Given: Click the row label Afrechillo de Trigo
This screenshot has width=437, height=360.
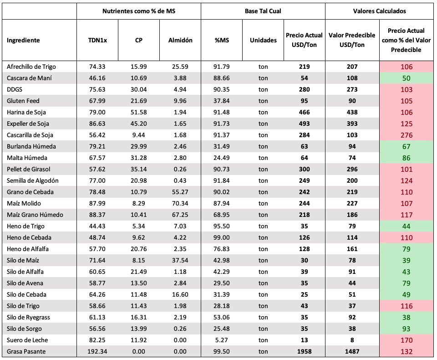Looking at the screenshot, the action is [31, 67].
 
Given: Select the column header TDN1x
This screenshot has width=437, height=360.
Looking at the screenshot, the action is [97, 40].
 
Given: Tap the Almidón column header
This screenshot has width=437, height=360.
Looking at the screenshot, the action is [180, 40].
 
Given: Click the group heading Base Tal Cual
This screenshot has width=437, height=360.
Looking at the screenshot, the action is [263, 11].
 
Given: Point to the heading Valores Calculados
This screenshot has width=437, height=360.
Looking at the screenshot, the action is [379, 11].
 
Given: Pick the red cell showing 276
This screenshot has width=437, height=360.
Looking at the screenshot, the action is [407, 135].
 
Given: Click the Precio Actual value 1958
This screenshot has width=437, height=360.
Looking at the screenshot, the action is [305, 351].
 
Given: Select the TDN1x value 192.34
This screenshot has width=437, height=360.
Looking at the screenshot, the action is [97, 351].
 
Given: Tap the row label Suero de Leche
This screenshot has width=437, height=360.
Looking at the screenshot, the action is [27, 340].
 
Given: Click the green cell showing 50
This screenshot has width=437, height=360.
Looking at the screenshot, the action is [407, 78].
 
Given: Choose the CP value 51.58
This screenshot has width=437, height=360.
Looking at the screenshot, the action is [139, 112].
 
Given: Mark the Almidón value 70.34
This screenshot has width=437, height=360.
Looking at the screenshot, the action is [180, 203].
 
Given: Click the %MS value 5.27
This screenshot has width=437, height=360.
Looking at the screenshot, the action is [222, 340].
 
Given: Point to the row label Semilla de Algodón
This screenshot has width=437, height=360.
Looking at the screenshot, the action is [33, 180].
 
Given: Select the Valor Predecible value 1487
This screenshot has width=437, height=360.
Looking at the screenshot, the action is [352, 351].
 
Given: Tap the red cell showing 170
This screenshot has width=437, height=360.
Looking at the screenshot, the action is [407, 340].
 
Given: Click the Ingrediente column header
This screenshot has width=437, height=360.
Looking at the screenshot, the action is [23, 40].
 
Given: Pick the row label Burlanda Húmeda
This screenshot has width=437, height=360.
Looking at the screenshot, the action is [31, 147].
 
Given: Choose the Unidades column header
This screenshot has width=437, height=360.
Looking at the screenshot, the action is [264, 40].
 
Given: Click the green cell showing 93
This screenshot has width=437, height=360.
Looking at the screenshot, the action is [407, 329].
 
